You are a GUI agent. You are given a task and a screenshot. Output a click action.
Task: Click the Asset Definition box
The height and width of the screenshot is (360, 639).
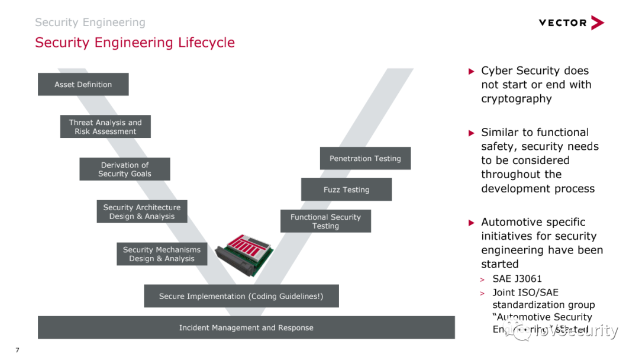83,84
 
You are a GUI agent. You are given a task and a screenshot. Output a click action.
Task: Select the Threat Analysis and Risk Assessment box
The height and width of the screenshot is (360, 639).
105,127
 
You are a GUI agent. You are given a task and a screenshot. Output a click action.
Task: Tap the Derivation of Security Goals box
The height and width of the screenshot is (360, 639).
125,169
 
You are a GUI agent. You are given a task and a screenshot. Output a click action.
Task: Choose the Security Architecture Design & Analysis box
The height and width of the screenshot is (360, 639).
142,211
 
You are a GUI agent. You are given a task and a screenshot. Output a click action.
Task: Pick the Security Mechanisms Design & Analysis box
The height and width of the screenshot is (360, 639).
162,254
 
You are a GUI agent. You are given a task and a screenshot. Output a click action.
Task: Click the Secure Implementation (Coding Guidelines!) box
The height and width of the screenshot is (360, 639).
241,296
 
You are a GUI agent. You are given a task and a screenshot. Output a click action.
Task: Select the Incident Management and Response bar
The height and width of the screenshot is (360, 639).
246,327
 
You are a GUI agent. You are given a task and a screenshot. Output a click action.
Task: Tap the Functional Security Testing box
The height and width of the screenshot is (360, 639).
325,221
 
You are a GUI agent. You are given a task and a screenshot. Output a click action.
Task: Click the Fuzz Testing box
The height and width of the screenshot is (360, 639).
346,189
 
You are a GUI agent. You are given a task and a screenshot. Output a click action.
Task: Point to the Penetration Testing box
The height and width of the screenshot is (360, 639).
365,158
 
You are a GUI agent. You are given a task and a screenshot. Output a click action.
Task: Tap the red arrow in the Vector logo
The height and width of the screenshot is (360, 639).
597,22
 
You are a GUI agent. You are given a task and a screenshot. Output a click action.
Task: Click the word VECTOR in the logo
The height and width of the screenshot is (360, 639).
562,22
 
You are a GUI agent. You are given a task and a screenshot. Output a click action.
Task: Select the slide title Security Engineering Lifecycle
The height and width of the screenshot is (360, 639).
135,43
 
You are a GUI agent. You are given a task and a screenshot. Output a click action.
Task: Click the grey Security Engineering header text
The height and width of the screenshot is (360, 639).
90,22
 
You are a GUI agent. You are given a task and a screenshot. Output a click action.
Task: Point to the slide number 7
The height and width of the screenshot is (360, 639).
17,350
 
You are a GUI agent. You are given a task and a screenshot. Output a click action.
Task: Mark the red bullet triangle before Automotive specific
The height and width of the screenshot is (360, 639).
472,223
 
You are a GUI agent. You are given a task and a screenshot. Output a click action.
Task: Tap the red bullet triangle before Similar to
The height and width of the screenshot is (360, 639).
472,133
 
